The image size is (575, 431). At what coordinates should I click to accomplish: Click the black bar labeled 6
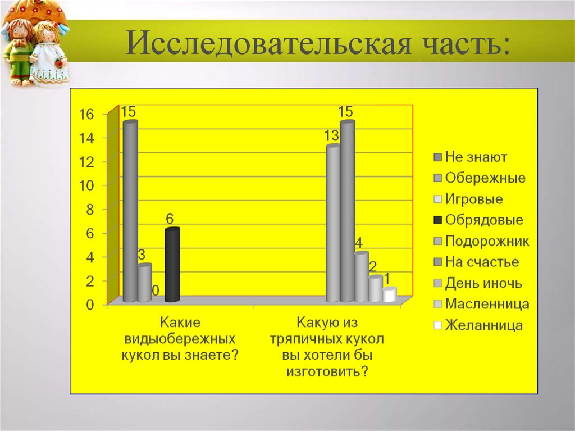(x=172, y=264)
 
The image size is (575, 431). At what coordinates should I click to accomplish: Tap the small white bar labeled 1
(x=389, y=296)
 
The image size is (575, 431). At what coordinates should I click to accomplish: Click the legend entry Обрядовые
(x=483, y=220)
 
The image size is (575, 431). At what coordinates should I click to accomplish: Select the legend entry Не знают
(x=476, y=157)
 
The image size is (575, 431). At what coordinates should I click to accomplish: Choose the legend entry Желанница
(x=483, y=325)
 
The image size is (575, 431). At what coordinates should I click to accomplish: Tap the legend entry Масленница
(x=486, y=305)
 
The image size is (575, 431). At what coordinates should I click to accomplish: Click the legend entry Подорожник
(x=486, y=242)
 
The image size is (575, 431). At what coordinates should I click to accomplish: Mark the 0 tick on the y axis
(x=89, y=305)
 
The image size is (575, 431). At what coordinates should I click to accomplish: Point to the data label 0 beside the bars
(x=156, y=291)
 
